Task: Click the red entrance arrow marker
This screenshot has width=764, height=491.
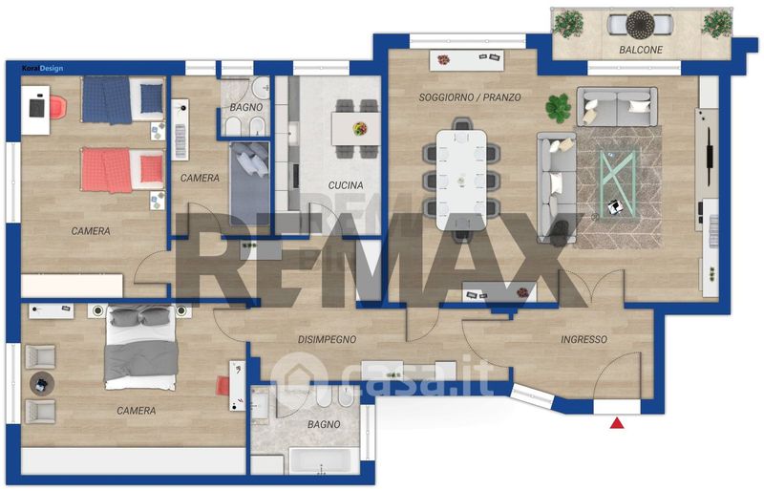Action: pos(617,423)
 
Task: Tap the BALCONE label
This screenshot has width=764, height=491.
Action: pos(641,50)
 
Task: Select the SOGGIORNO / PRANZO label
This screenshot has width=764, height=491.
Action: pos(470,97)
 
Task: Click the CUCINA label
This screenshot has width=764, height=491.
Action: pos(346,185)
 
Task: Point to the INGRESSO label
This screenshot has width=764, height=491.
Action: pos(584,339)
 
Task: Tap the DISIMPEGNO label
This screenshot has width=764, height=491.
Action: pos(327,339)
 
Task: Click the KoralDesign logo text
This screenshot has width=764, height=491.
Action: pos(42,68)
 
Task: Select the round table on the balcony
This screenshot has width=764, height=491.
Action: pos(640,25)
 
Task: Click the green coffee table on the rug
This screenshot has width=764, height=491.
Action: pos(618,184)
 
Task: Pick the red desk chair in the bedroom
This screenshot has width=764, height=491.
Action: pos(57,107)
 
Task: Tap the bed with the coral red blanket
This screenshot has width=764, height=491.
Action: pos(123,170)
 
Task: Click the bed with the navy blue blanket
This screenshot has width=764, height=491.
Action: pos(123,99)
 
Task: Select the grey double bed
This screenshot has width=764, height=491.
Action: pos(140,347)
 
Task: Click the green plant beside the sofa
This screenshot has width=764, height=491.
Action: pos(558,108)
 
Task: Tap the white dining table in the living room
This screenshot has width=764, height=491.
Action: pos(461,180)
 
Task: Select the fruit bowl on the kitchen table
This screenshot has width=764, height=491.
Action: pos(360,129)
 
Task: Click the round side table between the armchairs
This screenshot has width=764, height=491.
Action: pos(40,384)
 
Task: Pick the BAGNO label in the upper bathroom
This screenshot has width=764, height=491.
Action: pos(246,107)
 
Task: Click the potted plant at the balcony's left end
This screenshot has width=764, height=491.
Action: pos(568,24)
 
